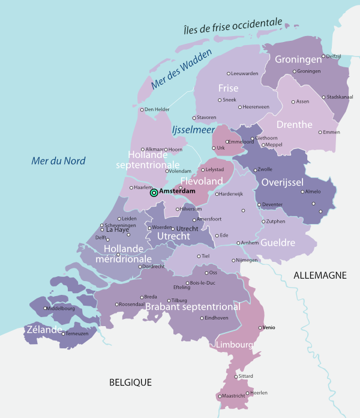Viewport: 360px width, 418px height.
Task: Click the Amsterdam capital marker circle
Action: point(154,193)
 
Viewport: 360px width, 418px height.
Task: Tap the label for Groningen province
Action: point(299,59)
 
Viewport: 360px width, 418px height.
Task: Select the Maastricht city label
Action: point(234,396)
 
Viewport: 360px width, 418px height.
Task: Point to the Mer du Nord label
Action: point(58,160)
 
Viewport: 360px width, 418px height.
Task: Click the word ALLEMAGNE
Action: point(320,275)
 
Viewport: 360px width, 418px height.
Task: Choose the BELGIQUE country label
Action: point(130,382)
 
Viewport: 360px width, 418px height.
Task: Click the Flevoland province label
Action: point(202,181)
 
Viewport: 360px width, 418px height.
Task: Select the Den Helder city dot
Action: point(142,109)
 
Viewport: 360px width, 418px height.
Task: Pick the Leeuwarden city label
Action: point(245,73)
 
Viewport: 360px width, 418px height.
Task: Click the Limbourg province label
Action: point(233,345)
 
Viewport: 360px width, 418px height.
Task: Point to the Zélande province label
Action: point(44,330)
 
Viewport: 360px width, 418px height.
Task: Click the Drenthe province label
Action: point(294,125)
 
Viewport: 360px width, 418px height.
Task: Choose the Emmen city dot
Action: point(320,132)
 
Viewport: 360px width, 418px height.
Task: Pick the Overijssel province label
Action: point(283,183)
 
